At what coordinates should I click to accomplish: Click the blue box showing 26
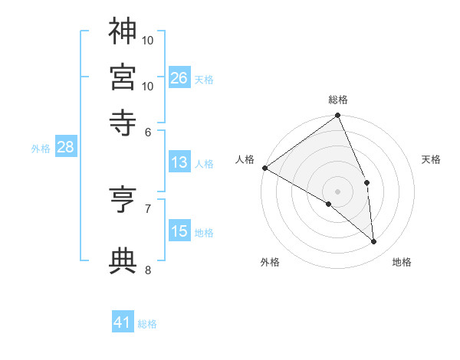(179, 78)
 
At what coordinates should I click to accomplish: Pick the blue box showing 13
(179, 162)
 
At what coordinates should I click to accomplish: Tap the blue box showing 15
(179, 231)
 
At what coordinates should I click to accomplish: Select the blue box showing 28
(65, 148)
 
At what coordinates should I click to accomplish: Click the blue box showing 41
(123, 322)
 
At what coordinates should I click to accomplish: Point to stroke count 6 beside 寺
(149, 131)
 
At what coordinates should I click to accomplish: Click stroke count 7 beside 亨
(148, 208)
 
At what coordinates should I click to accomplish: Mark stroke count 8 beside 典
(148, 270)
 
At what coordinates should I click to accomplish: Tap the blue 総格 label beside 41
(147, 324)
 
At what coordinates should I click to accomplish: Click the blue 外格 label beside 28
(40, 149)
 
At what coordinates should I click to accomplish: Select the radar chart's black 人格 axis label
(245, 159)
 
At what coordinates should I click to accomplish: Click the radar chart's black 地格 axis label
(402, 262)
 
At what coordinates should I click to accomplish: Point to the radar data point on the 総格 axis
(338, 116)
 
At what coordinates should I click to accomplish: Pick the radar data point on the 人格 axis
(264, 168)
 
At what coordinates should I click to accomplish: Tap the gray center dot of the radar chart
(338, 191)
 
